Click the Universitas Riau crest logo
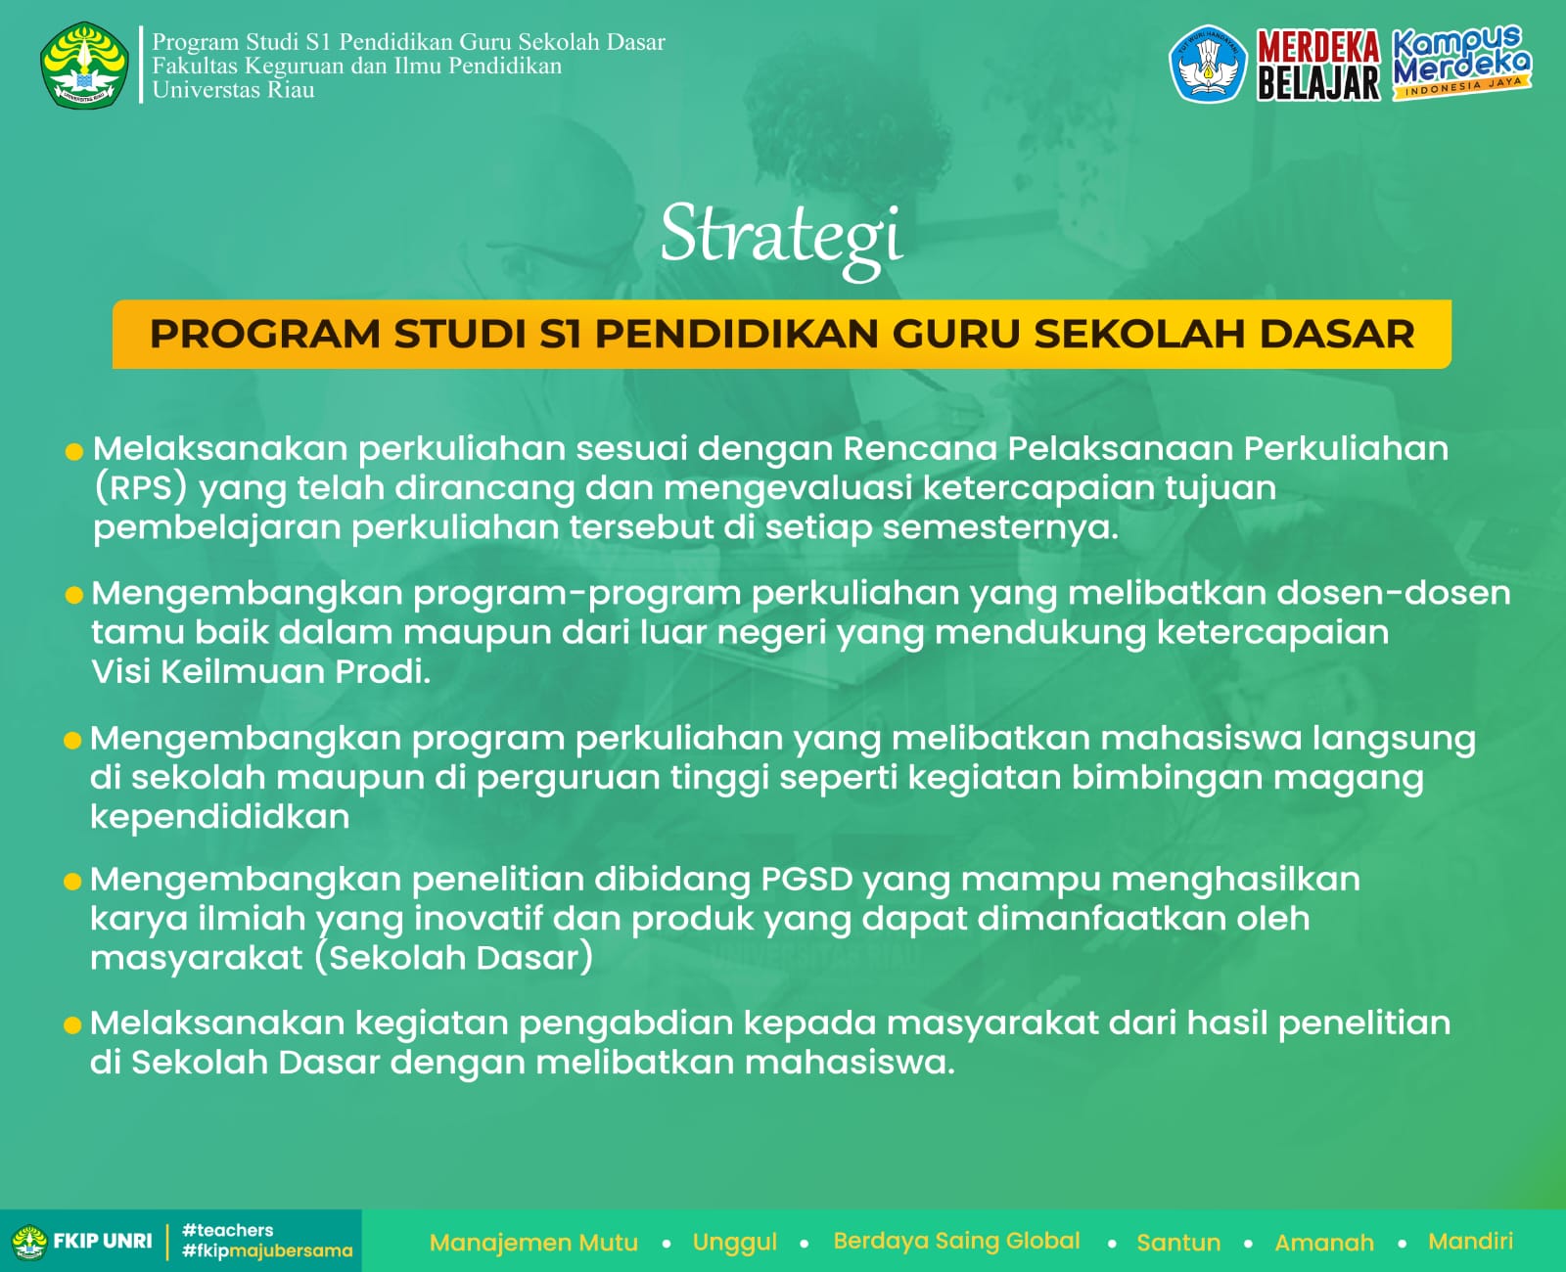tap(84, 65)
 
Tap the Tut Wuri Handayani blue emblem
tap(1208, 64)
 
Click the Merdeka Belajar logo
tap(1318, 65)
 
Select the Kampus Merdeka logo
tap(1461, 63)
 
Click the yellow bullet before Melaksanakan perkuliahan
tap(74, 451)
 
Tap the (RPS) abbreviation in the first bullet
tap(140, 488)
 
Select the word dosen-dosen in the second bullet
tap(1393, 593)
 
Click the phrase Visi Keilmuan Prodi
tap(261, 671)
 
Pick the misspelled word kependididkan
tap(220, 817)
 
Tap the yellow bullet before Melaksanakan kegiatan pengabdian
tap(72, 1025)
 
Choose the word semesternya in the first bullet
tap(1000, 527)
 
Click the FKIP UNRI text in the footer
tap(102, 1241)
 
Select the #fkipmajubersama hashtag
tap(267, 1250)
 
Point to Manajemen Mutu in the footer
tap(533, 1242)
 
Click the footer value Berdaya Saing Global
tap(956, 1241)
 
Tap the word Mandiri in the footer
tap(1470, 1241)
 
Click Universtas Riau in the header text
tap(233, 90)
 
